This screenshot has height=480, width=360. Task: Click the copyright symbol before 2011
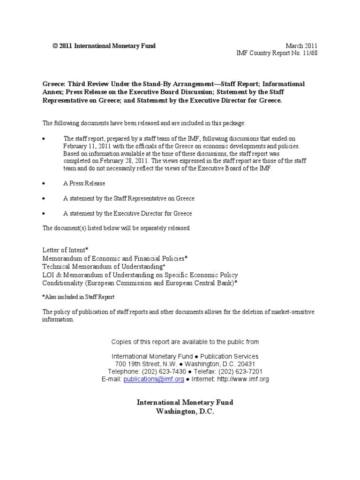tap(55, 46)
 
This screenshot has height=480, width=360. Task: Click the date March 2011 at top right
tap(301, 46)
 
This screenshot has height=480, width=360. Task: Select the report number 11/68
tap(310, 53)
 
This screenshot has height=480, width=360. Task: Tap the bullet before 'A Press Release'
tap(44, 183)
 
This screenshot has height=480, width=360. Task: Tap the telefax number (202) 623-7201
tap(241, 372)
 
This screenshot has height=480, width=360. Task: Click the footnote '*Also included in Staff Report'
tap(78, 297)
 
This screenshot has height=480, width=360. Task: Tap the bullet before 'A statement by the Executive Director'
tap(44, 213)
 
